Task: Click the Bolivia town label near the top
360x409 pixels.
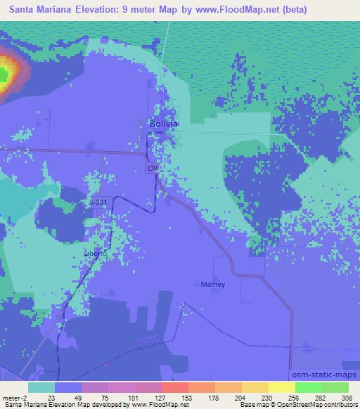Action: (x=164, y=124)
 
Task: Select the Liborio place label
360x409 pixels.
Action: (x=95, y=253)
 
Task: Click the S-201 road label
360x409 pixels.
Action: (x=99, y=202)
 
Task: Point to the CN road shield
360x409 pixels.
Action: (x=151, y=169)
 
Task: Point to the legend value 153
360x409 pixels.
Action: (x=188, y=398)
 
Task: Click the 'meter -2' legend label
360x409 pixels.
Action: (x=13, y=398)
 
